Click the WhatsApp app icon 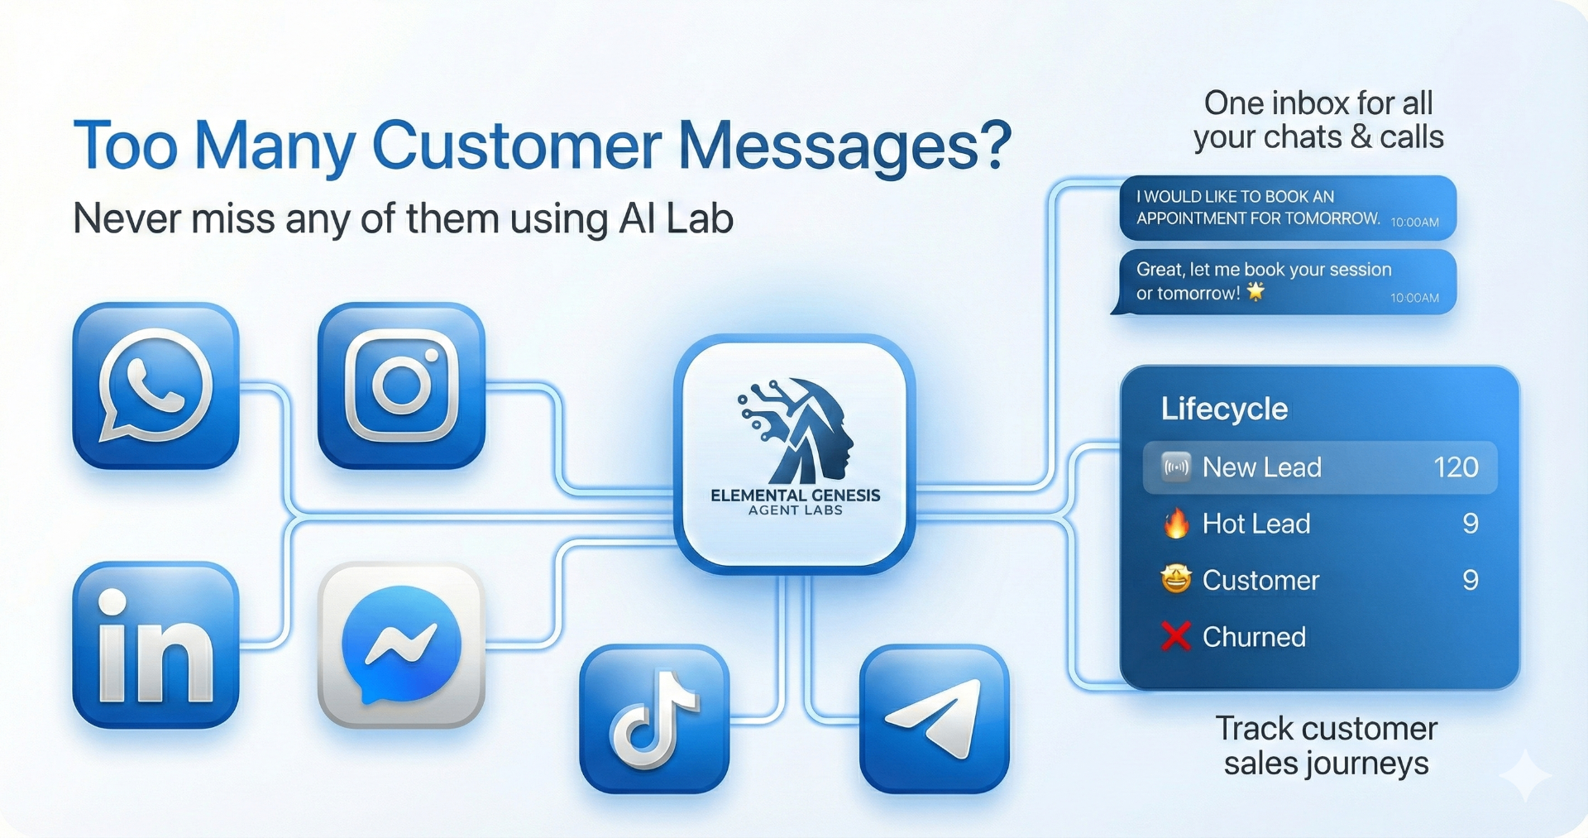[x=155, y=385]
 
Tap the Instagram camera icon [x=401, y=385]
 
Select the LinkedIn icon [x=155, y=645]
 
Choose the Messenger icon [x=401, y=645]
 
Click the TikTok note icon [x=654, y=719]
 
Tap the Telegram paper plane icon [x=935, y=719]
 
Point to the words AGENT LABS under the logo [x=796, y=510]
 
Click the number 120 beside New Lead [x=1456, y=467]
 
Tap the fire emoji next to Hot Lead [x=1175, y=524]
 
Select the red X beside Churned [x=1175, y=636]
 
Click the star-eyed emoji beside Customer [x=1175, y=579]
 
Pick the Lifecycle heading [x=1224, y=409]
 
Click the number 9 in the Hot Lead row [x=1470, y=524]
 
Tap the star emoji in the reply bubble [x=1256, y=291]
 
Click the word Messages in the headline [x=844, y=146]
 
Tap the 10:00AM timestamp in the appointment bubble [x=1414, y=222]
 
